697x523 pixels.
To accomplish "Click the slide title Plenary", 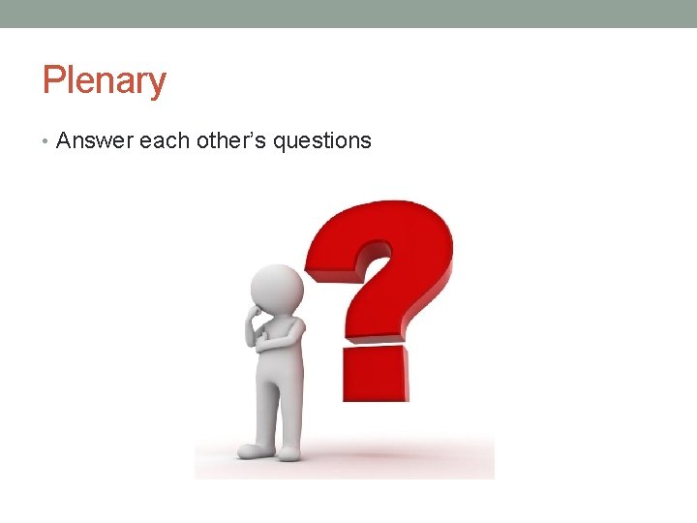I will click(x=104, y=80).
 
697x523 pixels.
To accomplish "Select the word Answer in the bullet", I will click(x=94, y=140).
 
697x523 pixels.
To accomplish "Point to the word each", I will click(x=164, y=140).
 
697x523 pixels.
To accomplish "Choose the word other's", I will click(x=230, y=140).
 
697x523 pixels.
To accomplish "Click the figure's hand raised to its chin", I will click(x=256, y=314).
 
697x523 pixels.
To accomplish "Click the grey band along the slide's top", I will click(x=348, y=14).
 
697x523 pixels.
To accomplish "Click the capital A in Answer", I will click(x=65, y=140).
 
